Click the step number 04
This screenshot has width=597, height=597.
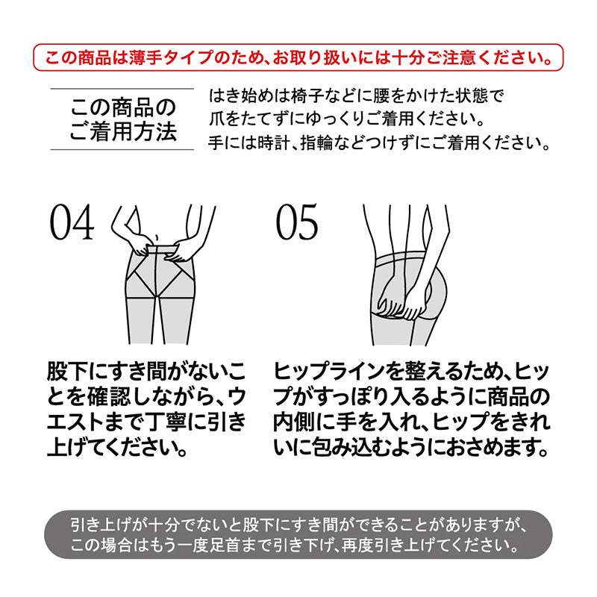point(72,222)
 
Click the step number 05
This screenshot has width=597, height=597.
point(297,222)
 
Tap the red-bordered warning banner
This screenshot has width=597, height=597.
point(298,57)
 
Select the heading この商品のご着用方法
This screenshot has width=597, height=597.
point(123,119)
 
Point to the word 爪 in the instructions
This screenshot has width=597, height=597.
point(216,119)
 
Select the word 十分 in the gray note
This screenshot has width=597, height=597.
point(163,525)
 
